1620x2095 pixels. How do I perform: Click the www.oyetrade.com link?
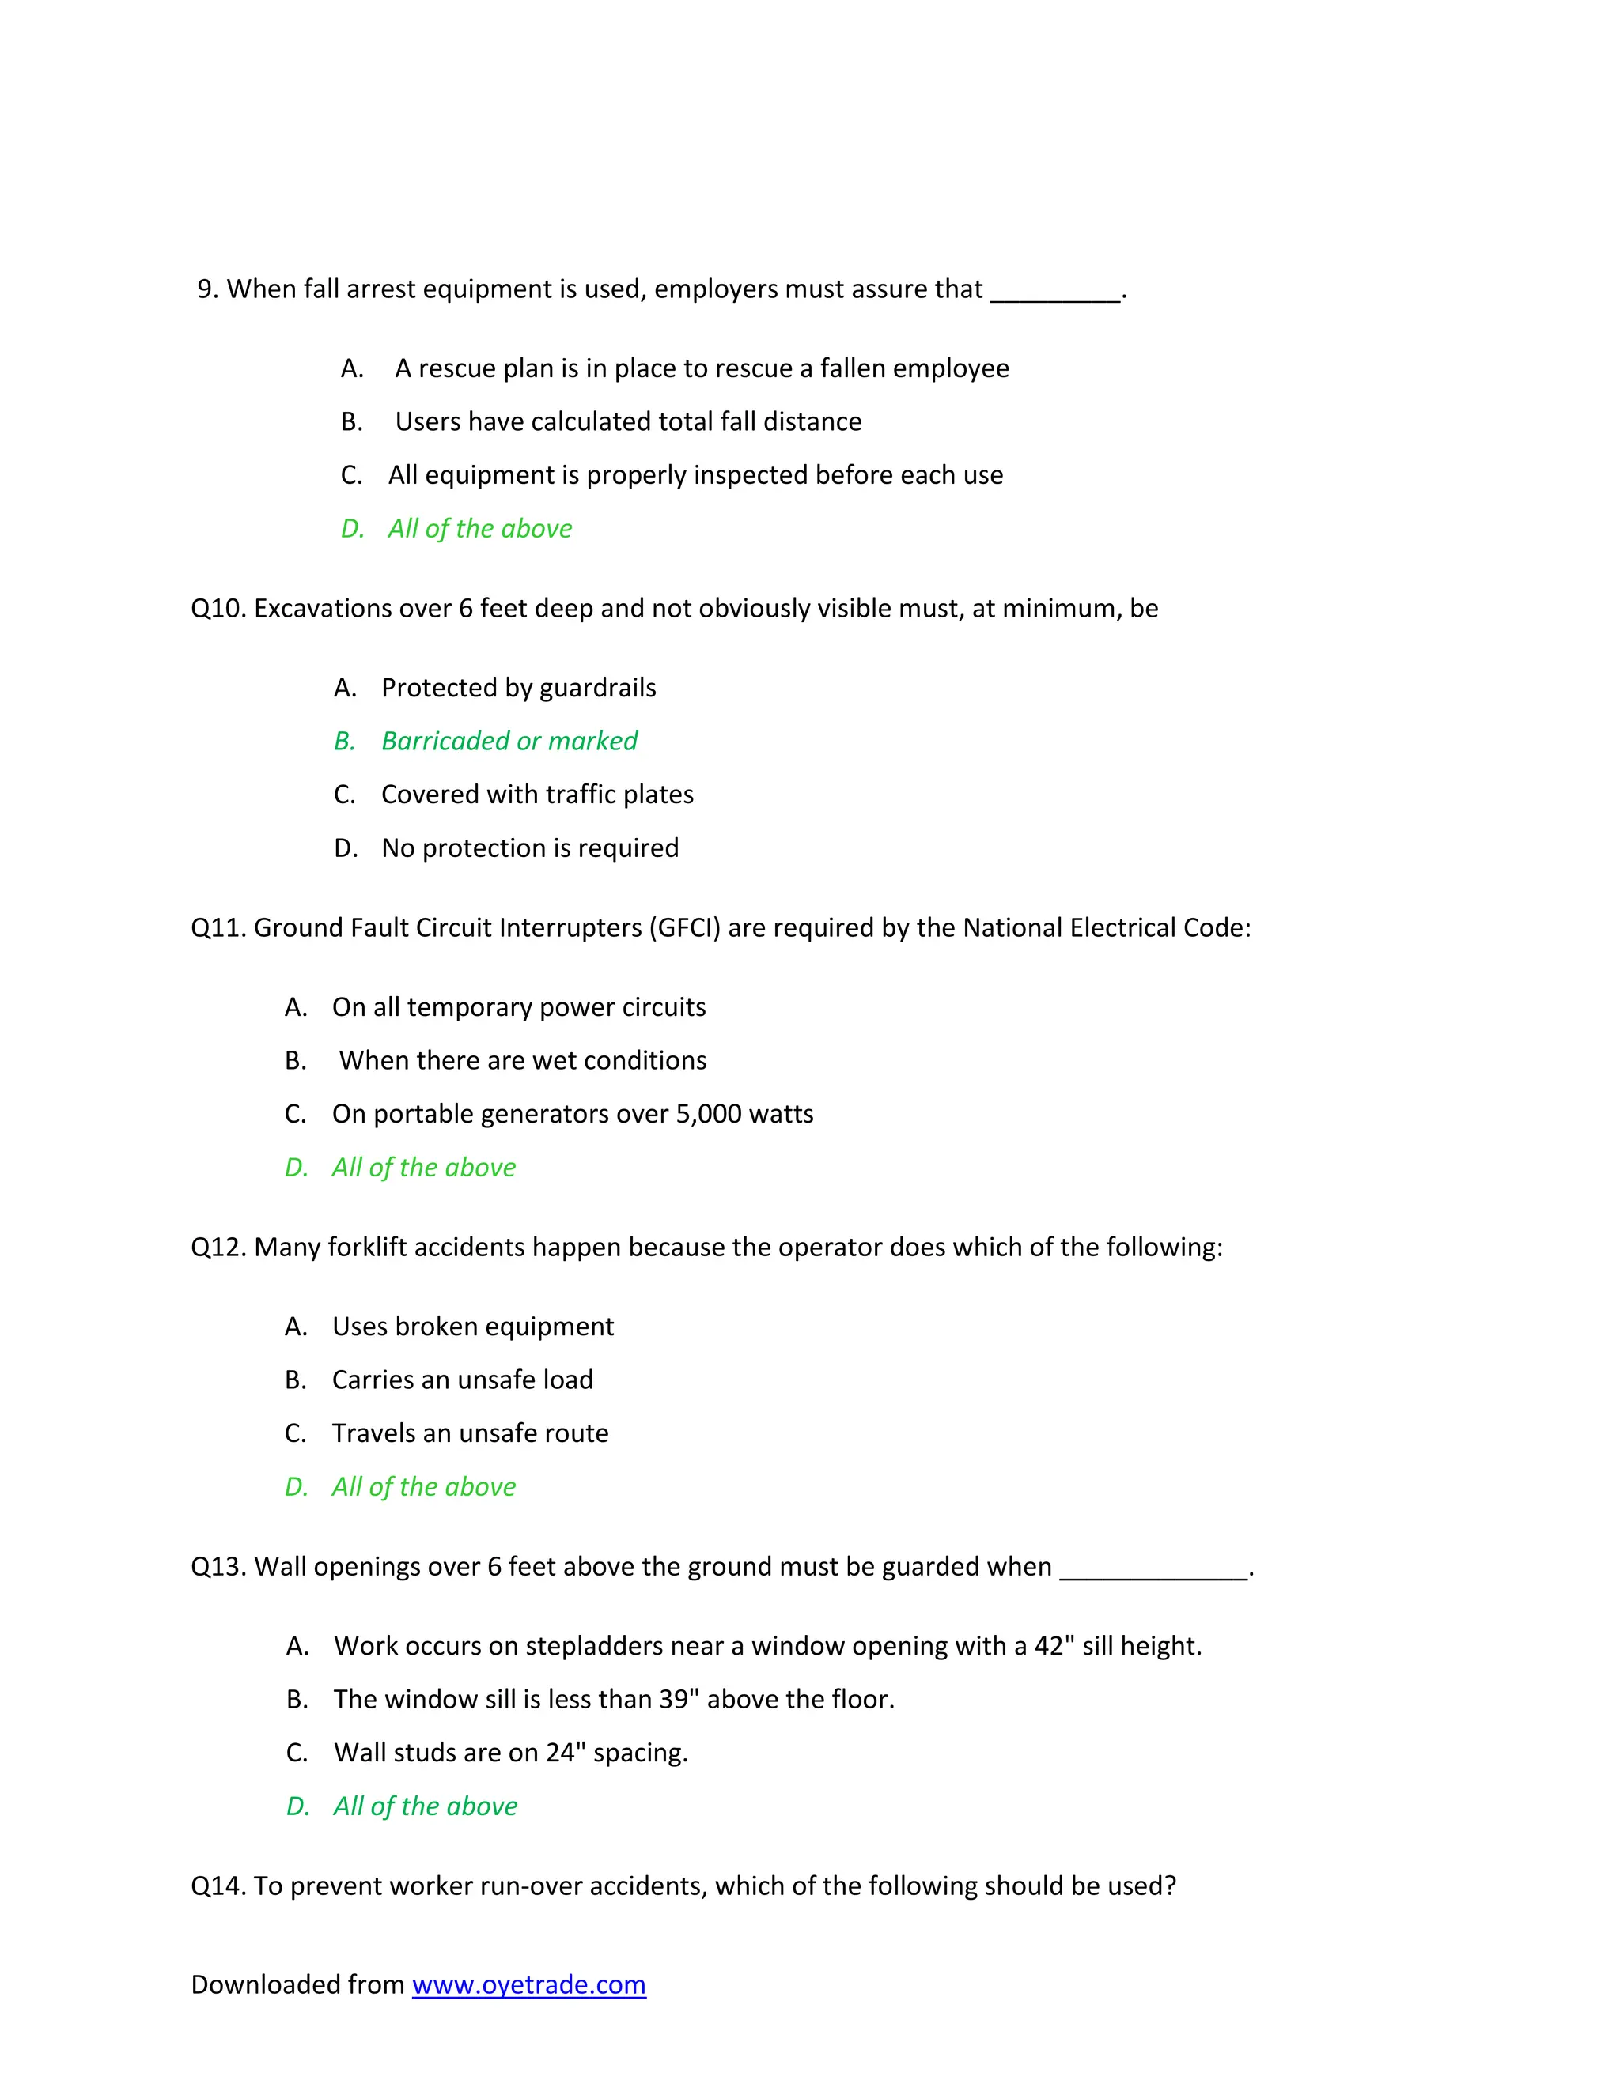pos(529,1984)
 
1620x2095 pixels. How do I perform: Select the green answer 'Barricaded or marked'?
pos(509,742)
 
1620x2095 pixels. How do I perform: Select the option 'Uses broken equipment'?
pos(472,1327)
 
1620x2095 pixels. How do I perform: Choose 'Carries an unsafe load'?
pos(462,1380)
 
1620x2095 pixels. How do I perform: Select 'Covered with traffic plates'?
pos(536,795)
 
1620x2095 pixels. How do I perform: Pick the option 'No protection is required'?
pos(530,849)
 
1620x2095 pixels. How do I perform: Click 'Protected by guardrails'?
pos(518,689)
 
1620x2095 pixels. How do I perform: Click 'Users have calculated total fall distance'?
pos(627,422)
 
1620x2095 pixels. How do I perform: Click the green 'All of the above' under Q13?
pos(424,1807)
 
